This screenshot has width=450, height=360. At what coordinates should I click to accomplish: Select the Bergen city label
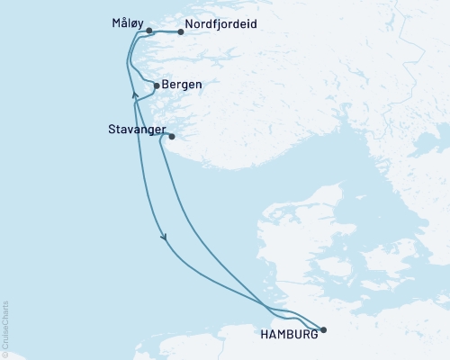click(x=184, y=85)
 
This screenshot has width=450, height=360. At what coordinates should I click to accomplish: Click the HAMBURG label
click(x=288, y=334)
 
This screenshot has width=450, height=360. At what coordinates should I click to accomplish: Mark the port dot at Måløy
click(x=148, y=31)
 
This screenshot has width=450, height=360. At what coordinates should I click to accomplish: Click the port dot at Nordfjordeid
click(x=181, y=32)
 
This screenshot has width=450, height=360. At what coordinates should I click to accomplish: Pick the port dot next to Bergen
click(x=157, y=85)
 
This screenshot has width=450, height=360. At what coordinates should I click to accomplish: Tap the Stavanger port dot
click(x=171, y=137)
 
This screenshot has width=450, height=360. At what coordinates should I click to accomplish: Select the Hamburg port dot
click(x=323, y=329)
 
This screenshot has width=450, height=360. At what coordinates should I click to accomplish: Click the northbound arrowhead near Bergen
click(x=134, y=93)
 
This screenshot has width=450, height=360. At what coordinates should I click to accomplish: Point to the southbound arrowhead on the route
click(x=164, y=238)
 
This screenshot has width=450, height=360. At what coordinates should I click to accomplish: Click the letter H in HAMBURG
click(x=263, y=334)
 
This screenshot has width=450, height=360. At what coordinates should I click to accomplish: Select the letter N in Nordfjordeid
click(x=188, y=26)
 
